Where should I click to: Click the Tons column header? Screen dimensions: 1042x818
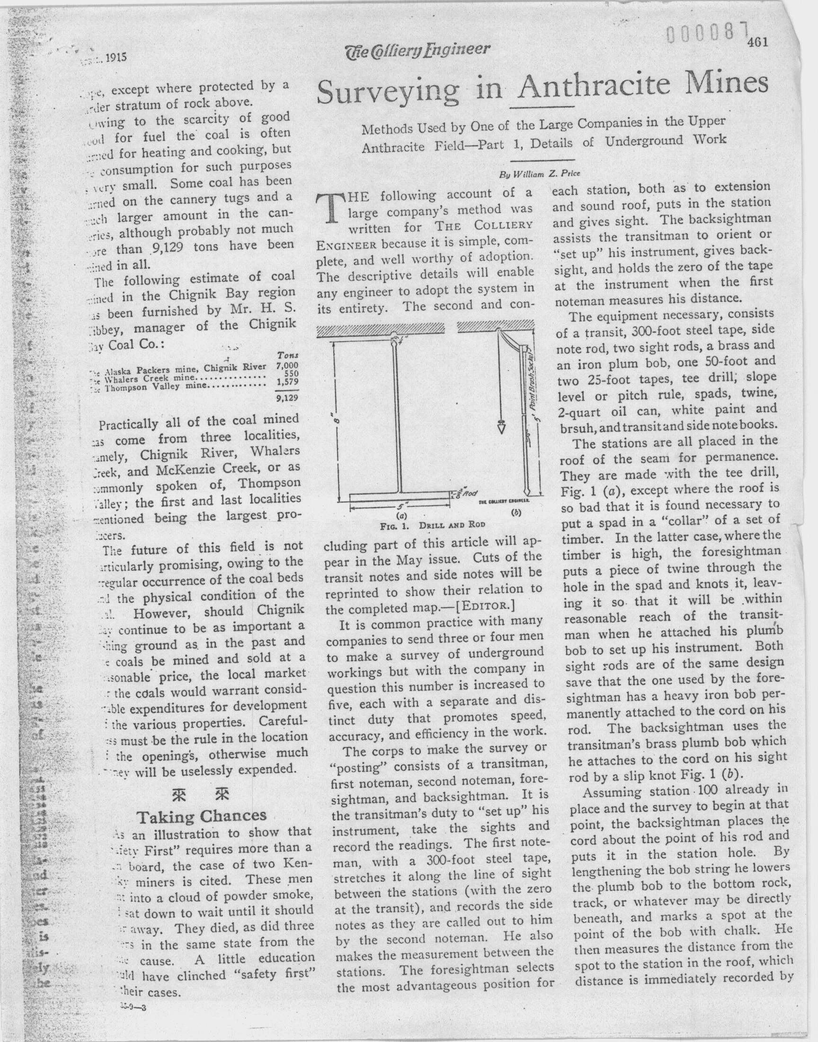click(x=288, y=356)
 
